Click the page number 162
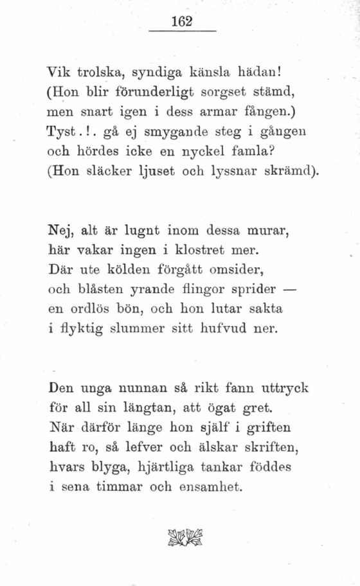pos(183,21)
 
